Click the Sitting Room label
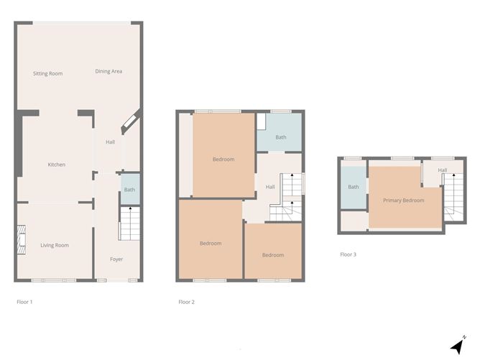click(48, 73)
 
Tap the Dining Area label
click(109, 72)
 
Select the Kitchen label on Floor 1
click(57, 165)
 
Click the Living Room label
click(55, 246)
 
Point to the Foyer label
click(116, 259)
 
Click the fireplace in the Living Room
click(22, 240)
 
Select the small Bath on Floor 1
click(129, 190)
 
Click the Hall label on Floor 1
click(110, 142)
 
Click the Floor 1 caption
click(25, 302)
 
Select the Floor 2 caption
click(186, 302)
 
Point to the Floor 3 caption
click(348, 254)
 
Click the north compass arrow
click(456, 346)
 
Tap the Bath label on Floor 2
click(280, 137)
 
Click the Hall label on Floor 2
click(270, 187)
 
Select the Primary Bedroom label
click(403, 200)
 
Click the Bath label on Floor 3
click(354, 188)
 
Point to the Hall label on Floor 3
click(443, 170)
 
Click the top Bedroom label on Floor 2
click(223, 160)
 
